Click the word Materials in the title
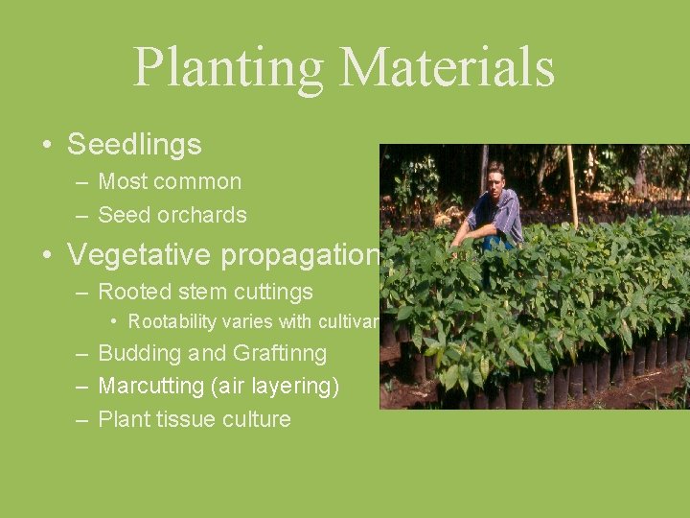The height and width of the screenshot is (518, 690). coord(447,67)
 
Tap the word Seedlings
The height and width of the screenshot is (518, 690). coord(134,145)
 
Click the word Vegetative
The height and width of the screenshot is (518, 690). coord(140,254)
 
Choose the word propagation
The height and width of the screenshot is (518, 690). coord(300,255)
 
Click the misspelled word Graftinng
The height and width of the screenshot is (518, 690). coord(278,354)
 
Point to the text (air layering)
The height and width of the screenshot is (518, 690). coord(278,387)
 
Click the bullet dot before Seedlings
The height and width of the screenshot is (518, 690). coord(46,146)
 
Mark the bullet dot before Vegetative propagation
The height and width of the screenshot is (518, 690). coord(46,255)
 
